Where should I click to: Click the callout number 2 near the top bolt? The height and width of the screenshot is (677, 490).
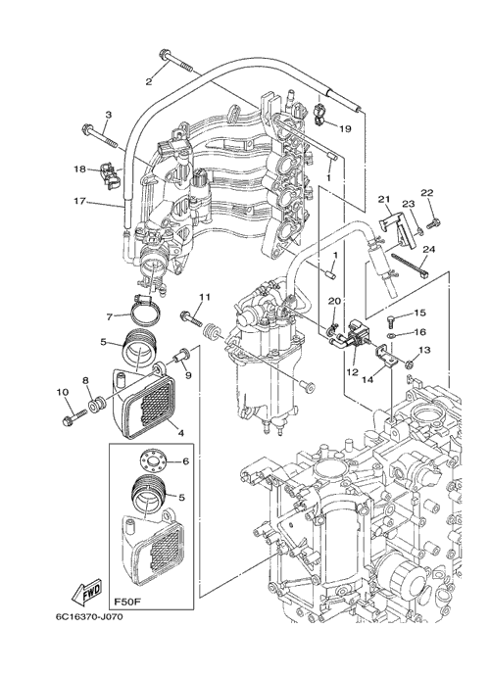149,81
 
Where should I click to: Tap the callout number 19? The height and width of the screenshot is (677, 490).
345,128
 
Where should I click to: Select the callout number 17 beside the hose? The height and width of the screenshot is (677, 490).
80,202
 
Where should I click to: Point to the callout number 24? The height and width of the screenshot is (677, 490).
429,249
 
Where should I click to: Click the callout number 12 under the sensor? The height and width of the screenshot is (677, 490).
352,371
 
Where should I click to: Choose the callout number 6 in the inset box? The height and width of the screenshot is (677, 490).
185,461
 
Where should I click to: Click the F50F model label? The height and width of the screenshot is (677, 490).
124,601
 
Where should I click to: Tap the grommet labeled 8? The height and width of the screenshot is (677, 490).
97,405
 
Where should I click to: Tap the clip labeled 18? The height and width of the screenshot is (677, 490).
110,175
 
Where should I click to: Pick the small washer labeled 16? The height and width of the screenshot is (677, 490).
390,335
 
